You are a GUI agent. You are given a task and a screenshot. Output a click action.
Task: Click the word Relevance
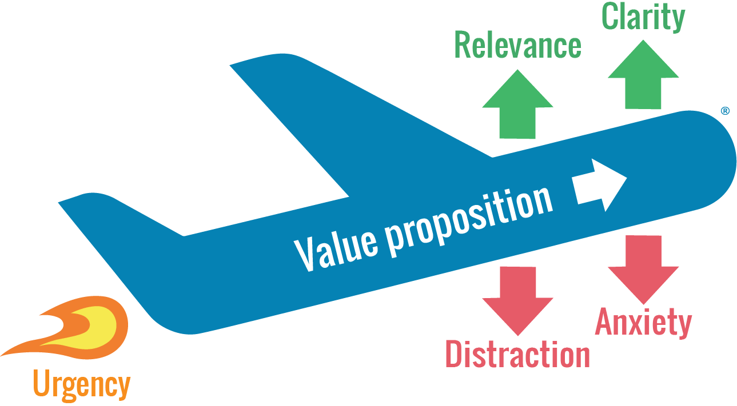(x=517, y=46)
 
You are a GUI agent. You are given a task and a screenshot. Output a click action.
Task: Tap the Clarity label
(x=643, y=17)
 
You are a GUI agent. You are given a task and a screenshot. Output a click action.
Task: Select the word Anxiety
(x=643, y=323)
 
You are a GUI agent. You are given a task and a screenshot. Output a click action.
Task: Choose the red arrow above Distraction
(x=517, y=300)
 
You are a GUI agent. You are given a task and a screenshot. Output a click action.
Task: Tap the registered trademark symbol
(x=725, y=111)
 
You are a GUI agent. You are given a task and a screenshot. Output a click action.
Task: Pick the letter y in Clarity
(x=678, y=19)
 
